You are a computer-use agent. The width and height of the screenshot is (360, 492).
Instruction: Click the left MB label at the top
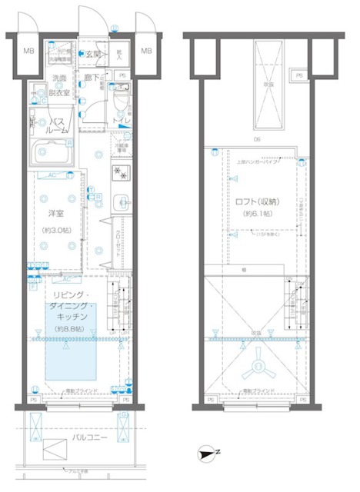point(28,52)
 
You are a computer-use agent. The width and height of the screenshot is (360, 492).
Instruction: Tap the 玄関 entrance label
point(92,54)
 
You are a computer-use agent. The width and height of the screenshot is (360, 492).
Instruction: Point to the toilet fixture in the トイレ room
point(122,104)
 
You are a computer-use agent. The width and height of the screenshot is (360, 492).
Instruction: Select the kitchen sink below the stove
point(120,204)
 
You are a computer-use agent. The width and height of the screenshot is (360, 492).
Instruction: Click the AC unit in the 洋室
point(54,175)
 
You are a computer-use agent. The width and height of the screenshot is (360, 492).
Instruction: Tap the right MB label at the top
point(145,52)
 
